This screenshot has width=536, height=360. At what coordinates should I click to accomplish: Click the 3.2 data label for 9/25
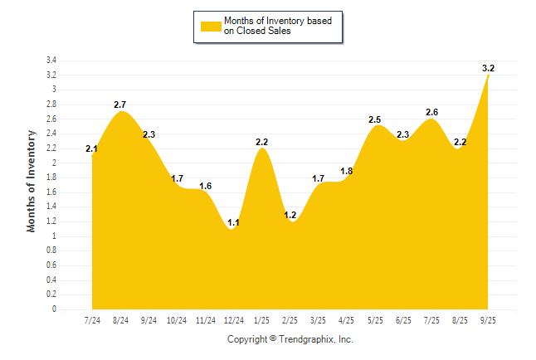488,68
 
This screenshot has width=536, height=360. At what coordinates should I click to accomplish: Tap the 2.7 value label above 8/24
119,105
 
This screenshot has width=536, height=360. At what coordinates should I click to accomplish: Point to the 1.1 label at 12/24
233,222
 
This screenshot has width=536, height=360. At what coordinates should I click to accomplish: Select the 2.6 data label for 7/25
431,112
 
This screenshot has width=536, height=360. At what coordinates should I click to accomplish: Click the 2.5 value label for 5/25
375,119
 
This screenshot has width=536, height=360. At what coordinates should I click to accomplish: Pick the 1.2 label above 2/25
290,215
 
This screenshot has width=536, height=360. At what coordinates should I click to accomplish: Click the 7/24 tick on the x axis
92,320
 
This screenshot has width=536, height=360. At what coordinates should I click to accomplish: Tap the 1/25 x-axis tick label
262,320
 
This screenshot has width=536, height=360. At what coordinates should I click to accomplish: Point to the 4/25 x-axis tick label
347,320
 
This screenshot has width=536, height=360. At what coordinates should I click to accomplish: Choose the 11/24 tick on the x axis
205,320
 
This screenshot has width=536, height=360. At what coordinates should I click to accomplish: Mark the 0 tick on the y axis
54,309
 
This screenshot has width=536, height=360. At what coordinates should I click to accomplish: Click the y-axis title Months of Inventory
32,181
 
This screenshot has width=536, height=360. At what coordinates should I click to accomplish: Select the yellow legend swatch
209,26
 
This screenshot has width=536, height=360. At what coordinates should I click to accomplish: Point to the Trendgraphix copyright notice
290,339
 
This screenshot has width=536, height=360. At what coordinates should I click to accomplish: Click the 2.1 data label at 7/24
92,149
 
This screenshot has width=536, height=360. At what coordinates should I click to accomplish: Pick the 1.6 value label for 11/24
205,186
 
